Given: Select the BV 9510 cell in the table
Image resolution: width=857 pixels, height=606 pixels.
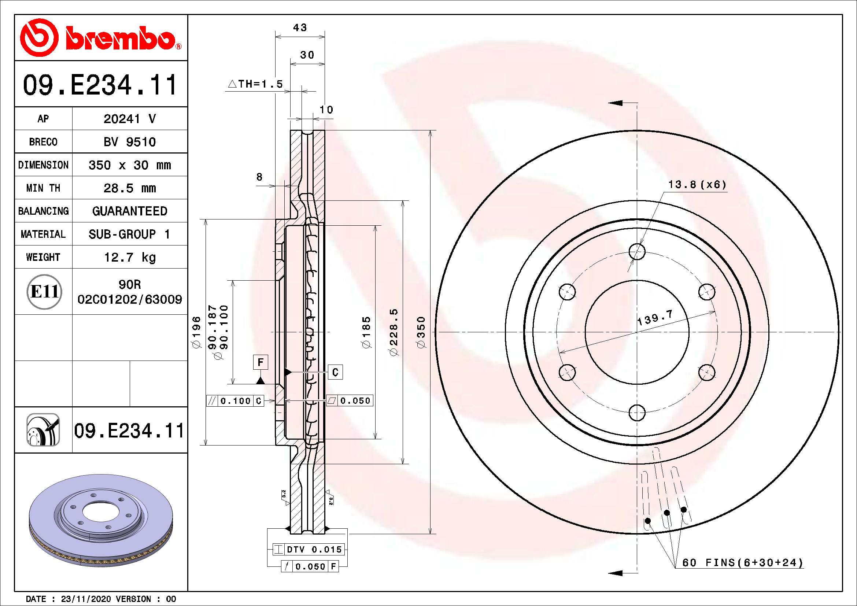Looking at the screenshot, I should (x=129, y=142).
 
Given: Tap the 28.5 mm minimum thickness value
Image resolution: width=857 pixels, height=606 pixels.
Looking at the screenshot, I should (x=129, y=188).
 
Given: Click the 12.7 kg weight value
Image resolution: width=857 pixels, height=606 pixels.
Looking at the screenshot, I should (x=129, y=257).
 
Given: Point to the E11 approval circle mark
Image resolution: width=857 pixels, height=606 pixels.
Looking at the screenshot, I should (x=44, y=292).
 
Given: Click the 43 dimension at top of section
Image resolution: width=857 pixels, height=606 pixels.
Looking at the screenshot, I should (x=300, y=28).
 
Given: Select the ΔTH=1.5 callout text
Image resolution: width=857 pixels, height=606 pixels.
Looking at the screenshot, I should (x=256, y=84).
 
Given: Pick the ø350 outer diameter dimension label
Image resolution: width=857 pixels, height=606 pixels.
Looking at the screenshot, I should (x=421, y=332).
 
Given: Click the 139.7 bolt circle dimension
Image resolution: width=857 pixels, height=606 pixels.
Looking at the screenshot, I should (x=655, y=317).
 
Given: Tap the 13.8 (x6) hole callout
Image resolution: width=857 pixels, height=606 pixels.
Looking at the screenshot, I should (x=697, y=185).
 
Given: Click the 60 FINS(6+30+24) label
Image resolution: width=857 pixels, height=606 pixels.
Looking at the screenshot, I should (x=742, y=563).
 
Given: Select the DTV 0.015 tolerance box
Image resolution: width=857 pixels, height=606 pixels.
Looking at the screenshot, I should (x=308, y=549).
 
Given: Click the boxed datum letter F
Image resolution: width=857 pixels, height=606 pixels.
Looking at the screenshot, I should (x=261, y=362).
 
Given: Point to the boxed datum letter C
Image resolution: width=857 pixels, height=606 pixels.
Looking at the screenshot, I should (x=335, y=372).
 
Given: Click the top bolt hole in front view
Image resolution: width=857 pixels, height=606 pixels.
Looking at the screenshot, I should (x=637, y=251).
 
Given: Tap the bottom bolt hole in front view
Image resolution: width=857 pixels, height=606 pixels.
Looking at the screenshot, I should (x=637, y=413).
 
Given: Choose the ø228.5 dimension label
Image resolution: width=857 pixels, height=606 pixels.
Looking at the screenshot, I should (x=394, y=332).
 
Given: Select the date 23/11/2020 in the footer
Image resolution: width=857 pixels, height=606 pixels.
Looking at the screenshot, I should (x=86, y=599).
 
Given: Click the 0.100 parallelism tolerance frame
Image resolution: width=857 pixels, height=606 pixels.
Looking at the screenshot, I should (x=236, y=401).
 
